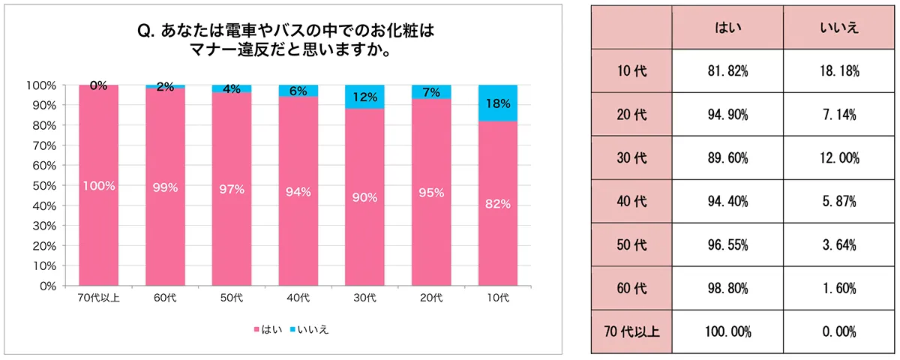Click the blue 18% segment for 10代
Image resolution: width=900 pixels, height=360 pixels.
[498, 103]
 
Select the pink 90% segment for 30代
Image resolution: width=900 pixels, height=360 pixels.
[364, 197]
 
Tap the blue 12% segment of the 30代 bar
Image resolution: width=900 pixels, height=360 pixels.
[364, 97]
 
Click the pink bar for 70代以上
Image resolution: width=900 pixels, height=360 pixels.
[98, 185]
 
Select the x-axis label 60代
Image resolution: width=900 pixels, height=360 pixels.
[165, 298]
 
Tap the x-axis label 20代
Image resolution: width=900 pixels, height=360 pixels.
[431, 298]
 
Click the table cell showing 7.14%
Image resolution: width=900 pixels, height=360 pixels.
[840, 115]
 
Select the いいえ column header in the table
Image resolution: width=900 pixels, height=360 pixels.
[840, 28]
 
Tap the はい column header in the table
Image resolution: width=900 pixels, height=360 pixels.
[727, 28]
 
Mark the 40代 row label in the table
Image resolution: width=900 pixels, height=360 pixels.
[631, 201]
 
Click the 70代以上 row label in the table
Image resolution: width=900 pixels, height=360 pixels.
[631, 331]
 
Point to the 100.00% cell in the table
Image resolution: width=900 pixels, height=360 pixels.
[727, 331]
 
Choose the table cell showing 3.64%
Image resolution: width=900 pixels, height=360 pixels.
[840, 244]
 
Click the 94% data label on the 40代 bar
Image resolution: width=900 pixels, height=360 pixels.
[298, 192]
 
